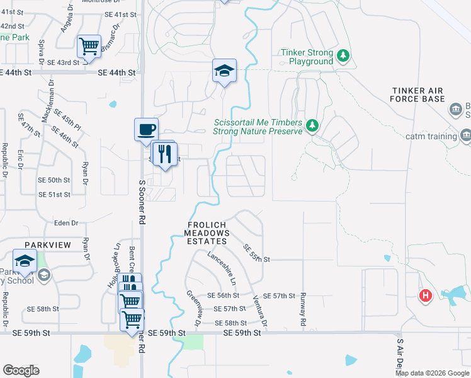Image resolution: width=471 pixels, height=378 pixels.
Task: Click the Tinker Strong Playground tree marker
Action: [x=343, y=56]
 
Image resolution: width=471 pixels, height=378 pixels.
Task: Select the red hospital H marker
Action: [x=426, y=295]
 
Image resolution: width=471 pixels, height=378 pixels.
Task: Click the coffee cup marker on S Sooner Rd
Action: [x=146, y=130]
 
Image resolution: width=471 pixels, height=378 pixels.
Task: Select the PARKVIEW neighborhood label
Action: [x=45, y=244]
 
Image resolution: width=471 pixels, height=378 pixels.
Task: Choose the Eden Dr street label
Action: [x=66, y=223]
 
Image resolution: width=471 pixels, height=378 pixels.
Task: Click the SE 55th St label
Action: [x=256, y=253]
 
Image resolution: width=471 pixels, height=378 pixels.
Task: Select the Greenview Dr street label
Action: [x=192, y=307]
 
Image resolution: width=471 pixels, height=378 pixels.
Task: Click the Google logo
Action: [x=21, y=370]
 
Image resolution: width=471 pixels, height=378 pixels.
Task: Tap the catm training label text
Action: [x=431, y=136]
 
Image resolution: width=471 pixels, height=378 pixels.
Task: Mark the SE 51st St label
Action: [x=54, y=195]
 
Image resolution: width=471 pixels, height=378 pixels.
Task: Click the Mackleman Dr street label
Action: [x=48, y=98]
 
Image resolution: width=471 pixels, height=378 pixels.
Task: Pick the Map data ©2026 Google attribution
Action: [x=433, y=373]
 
